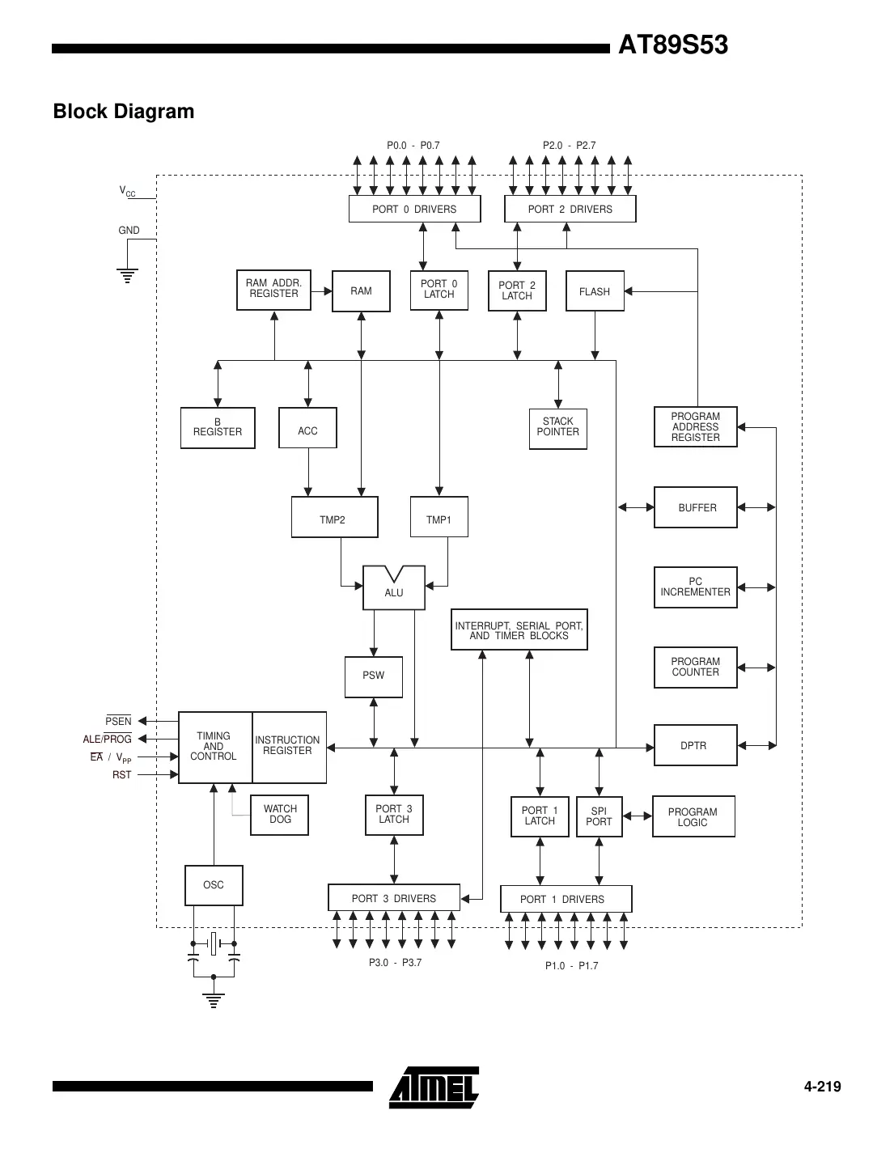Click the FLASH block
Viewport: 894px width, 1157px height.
coord(595,291)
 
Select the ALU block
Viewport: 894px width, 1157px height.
coord(394,589)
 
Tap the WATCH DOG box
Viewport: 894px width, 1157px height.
coord(280,815)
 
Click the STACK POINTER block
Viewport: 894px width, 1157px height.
coord(557,428)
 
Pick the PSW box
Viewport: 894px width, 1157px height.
coord(373,676)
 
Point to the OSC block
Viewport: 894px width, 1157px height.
coord(214,885)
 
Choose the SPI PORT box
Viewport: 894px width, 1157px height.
coord(599,817)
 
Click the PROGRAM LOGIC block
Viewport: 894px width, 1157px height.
coord(693,817)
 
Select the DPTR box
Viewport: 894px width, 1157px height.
coord(694,745)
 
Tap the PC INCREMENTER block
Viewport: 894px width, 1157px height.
coord(695,587)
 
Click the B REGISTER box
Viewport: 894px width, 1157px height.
coord(217,428)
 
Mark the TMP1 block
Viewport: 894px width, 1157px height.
coord(439,518)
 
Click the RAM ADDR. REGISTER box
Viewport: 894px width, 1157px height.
coord(273,290)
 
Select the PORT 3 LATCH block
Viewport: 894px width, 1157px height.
coord(394,815)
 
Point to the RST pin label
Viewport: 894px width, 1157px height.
coord(121,775)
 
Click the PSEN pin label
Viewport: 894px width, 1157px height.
coord(118,721)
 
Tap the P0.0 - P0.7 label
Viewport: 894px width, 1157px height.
coord(413,146)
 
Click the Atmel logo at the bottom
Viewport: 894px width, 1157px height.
coord(434,1087)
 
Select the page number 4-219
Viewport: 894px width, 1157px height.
coord(822,1087)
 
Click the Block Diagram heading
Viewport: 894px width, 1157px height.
coord(124,112)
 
